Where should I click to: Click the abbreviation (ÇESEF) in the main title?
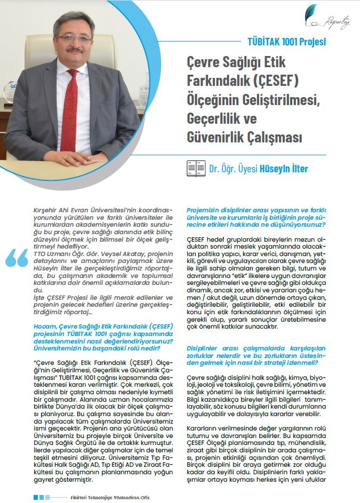(x=278, y=81)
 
